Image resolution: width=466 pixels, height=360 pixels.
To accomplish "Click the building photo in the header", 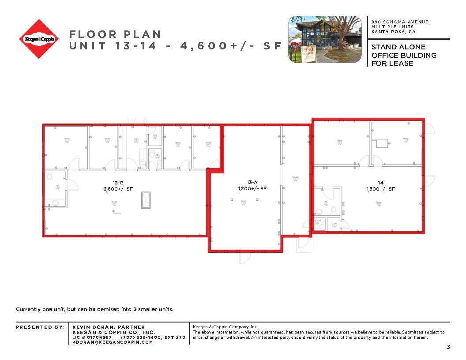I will [x=326, y=40].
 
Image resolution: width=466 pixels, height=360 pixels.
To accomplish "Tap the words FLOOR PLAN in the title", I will [x=115, y=34].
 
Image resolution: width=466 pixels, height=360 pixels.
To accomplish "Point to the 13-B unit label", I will [x=116, y=182].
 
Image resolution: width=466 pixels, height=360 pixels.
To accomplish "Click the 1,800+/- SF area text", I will [x=380, y=188].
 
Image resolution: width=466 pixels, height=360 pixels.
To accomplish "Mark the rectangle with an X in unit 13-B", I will [x=146, y=200].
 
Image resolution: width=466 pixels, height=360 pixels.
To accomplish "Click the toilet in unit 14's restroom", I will [x=334, y=210].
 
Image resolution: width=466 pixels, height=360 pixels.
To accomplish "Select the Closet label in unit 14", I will [x=334, y=224].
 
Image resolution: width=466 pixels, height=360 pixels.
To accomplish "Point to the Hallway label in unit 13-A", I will [x=295, y=177].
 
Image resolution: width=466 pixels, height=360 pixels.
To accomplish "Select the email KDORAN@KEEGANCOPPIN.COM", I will [x=113, y=342].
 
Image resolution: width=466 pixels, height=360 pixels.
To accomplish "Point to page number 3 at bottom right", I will [x=448, y=347].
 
